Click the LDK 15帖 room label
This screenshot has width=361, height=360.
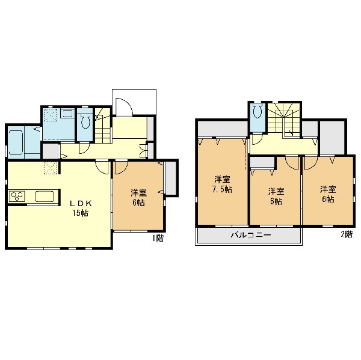(81, 209)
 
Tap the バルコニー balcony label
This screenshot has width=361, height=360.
(251, 235)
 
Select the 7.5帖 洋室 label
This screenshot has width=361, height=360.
(222, 185)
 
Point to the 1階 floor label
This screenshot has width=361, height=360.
(158, 239)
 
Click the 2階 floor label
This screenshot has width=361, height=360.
(347, 234)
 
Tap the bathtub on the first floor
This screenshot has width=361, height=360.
(16, 142)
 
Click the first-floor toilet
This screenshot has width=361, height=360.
(85, 121)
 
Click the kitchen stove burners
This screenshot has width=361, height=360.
(17, 196)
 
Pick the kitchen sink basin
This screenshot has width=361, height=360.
(45, 197)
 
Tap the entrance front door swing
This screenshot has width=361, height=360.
(124, 106)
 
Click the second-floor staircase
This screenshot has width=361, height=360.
(285, 120)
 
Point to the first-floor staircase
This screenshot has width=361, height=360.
(103, 126)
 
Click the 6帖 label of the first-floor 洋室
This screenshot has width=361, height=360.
(138, 203)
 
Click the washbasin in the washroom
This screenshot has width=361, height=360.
(67, 113)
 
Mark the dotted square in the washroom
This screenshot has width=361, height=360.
(51, 115)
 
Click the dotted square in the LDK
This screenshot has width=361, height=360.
(50, 168)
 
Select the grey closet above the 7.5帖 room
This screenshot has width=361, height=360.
(223, 129)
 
